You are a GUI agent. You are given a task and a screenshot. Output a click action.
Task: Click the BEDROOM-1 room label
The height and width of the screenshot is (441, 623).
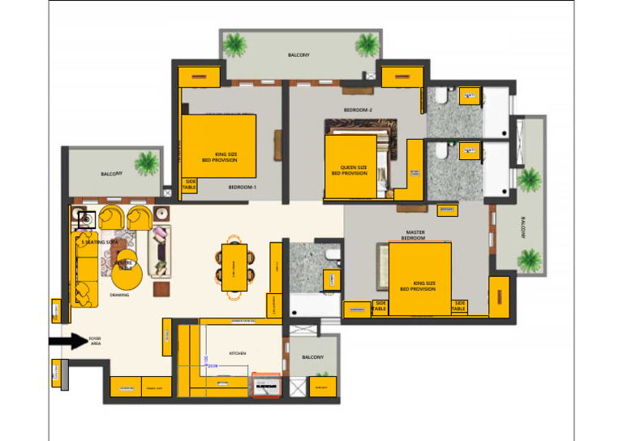tap(242, 187)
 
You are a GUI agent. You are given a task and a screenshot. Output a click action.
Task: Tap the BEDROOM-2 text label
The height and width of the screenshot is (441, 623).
tap(358, 110)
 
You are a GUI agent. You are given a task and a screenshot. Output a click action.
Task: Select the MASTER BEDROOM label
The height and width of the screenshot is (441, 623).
tap(415, 235)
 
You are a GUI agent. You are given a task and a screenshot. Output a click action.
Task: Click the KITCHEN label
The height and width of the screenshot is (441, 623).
tap(237, 354)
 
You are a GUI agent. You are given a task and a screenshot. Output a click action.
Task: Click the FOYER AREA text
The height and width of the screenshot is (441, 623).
tap(95, 341)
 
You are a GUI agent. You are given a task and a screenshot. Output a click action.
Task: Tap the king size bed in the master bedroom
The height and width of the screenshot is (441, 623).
tap(419, 279)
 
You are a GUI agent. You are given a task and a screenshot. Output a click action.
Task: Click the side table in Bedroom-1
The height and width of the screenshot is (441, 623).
tap(190, 185)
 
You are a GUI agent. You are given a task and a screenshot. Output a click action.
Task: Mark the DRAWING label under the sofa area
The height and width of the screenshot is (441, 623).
tap(120, 295)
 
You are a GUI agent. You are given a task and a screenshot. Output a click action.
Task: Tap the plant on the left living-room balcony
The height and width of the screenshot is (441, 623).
tap(148, 162)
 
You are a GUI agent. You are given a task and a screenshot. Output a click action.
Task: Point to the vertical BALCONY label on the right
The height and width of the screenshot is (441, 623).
tap(522, 226)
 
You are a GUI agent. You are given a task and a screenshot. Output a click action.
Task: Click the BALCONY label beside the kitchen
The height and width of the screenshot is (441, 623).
tap(312, 357)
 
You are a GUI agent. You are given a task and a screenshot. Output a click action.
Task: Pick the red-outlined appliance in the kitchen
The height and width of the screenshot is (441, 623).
tap(266, 386)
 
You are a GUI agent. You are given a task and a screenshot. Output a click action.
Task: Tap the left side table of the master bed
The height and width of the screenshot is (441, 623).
tap(379, 306)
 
